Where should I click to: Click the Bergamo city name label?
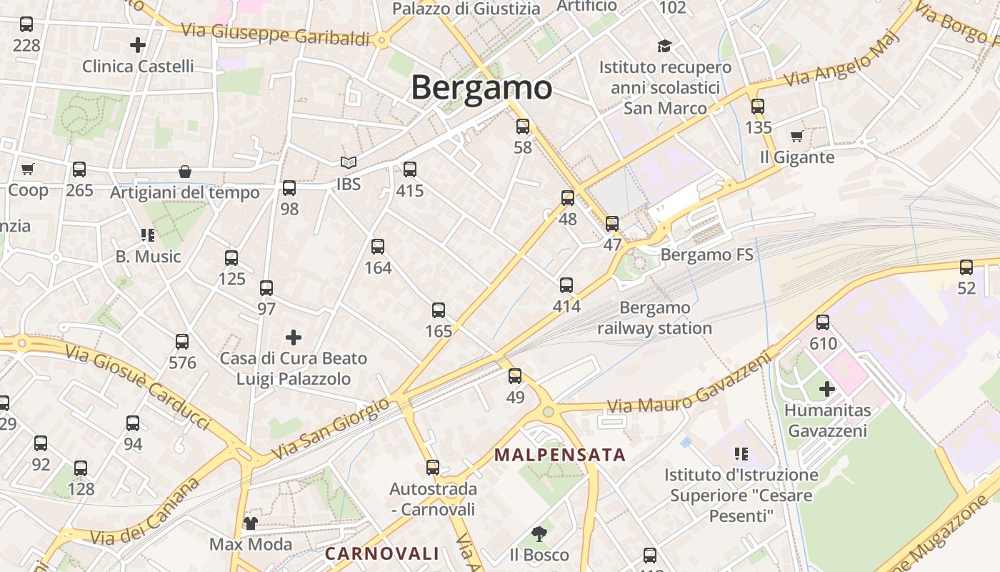481,88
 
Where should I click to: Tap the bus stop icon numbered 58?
523,127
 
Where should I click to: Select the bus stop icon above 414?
566,285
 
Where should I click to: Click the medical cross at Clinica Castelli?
138,45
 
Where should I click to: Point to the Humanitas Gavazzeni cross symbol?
826,389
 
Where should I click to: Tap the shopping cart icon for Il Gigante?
797,137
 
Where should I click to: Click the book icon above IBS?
348,163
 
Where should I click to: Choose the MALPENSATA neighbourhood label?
560,455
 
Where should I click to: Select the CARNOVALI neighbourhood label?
381,553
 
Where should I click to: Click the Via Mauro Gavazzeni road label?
690,383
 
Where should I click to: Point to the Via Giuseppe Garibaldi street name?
275,34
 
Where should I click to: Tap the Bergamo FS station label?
706,255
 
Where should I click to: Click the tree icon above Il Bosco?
539,533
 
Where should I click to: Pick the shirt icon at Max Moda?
250,523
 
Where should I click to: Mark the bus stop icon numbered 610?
823,322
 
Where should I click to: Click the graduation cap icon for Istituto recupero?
665,46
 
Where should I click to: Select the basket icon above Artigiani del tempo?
185,172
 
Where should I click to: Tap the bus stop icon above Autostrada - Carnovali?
433,468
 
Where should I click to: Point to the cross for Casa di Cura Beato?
293,337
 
